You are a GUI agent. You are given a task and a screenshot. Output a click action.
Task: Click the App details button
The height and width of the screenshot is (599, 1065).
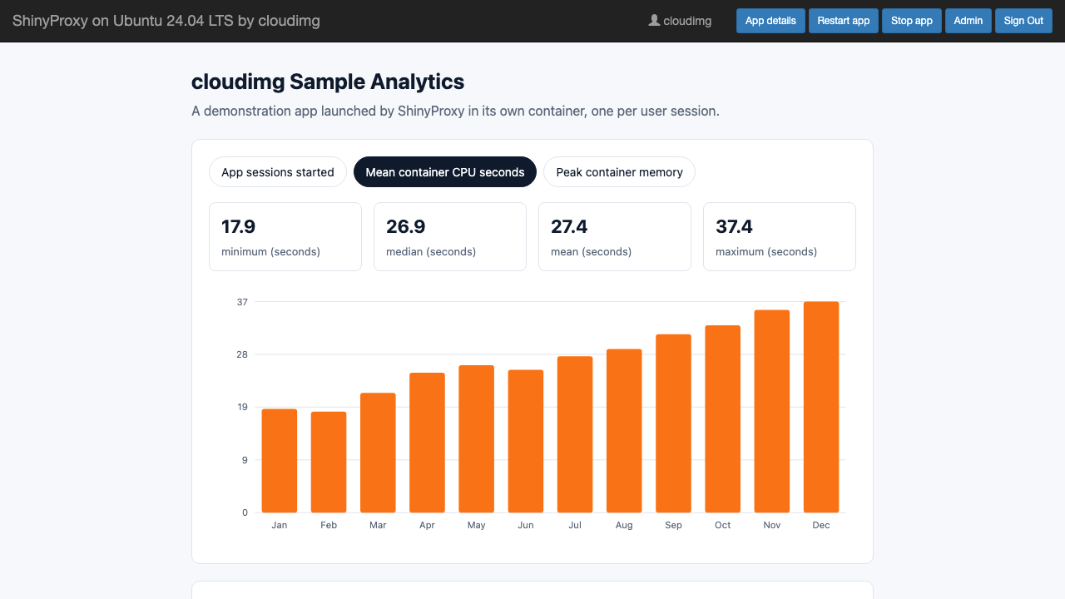click(770, 21)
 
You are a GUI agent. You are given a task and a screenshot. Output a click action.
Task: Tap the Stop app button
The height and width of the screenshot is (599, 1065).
click(911, 21)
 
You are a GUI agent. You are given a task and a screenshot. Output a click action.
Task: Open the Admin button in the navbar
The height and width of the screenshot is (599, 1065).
click(968, 21)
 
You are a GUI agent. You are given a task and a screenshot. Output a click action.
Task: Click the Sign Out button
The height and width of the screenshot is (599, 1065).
click(1023, 21)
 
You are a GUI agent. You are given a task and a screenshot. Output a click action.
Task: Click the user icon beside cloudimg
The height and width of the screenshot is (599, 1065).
click(654, 21)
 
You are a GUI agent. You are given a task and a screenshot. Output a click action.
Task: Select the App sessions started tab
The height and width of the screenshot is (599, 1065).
click(278, 172)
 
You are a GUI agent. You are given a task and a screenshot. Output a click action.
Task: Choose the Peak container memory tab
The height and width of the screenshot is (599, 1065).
click(619, 172)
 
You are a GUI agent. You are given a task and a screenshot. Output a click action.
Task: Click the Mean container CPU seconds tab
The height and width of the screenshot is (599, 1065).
click(445, 172)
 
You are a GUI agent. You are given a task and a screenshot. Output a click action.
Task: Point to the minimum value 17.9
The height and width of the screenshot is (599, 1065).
click(238, 227)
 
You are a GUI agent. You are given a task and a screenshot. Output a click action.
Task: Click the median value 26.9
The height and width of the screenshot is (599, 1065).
click(405, 227)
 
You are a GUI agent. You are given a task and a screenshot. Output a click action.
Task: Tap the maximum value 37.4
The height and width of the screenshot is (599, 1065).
click(734, 227)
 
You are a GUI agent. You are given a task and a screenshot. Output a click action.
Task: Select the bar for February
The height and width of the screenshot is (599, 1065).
click(329, 462)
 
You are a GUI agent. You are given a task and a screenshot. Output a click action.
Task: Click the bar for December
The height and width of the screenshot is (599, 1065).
click(821, 407)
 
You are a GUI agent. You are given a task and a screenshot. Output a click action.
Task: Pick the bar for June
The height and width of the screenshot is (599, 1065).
click(525, 441)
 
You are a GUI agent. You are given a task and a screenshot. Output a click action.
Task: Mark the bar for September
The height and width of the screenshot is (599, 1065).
click(673, 423)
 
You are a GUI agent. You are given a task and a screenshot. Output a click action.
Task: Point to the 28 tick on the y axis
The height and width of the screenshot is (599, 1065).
click(242, 354)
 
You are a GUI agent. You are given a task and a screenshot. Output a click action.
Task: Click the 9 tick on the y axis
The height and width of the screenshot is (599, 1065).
click(245, 460)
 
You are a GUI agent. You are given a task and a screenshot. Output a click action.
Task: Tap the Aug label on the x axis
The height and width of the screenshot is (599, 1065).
click(624, 525)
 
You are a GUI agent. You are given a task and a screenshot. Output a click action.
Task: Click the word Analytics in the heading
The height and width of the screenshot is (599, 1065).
click(417, 82)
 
